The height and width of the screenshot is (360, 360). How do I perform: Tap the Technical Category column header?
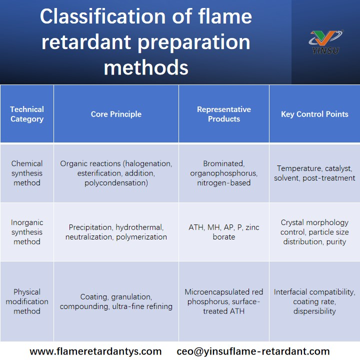pos(27,114)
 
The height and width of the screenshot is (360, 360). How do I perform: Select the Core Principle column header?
pos(116,114)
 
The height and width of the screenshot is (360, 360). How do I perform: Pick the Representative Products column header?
pos(223,114)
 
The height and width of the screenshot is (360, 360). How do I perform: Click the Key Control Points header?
pos(314,114)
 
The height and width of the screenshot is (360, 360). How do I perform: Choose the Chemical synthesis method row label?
pos(27,173)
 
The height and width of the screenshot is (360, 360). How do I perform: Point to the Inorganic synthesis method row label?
pos(27,232)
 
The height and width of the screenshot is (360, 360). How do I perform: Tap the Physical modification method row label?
pos(27,301)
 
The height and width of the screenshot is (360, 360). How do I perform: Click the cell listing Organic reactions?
pos(116,173)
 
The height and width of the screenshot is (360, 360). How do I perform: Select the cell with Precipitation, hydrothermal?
pos(116,232)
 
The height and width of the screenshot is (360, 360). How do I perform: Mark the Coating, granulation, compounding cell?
pos(116,301)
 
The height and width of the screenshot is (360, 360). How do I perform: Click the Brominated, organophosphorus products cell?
pos(223,173)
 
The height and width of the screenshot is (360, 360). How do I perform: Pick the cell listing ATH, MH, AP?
pos(223,232)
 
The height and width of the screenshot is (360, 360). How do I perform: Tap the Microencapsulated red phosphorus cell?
pos(223,301)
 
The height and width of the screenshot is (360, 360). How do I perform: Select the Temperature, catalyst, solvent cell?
pos(314,173)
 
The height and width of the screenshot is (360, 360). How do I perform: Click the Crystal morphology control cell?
pos(314,232)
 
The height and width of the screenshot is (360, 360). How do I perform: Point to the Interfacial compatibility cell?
pos(314,301)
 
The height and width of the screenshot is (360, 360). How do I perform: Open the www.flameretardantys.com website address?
pos(95,351)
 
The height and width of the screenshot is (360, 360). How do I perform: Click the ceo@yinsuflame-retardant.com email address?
pos(253,351)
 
